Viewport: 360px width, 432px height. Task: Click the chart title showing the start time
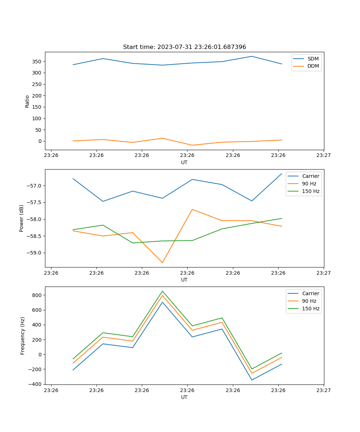184,47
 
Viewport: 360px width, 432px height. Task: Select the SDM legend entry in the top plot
313,59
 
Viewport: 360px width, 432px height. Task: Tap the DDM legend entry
313,66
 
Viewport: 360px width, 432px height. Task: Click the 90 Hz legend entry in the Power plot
309,184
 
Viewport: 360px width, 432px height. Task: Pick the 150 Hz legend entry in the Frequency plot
311,309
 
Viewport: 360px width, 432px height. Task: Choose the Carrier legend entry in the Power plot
310,176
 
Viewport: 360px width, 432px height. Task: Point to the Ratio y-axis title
27,101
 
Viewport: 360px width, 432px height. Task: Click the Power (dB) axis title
22,218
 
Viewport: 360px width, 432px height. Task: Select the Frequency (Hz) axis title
23,336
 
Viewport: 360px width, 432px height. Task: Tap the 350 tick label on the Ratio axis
37,62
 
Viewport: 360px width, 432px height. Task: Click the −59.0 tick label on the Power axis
34,253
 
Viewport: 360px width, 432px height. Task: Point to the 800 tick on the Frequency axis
37,295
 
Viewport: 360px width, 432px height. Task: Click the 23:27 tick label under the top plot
323,156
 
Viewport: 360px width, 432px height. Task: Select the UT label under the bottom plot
184,397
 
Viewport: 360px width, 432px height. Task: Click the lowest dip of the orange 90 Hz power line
162,262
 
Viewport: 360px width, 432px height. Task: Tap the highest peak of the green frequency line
162,291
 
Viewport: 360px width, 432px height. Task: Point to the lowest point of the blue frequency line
252,380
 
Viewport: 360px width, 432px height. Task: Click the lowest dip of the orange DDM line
192,145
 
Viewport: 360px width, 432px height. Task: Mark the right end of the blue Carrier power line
282,174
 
